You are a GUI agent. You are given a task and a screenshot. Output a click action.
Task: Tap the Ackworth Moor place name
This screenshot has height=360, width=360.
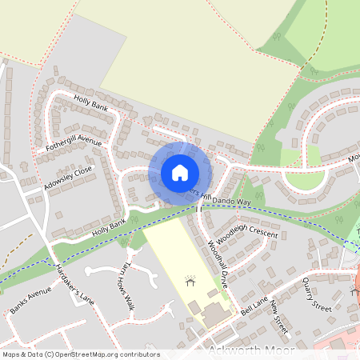pos(250,352)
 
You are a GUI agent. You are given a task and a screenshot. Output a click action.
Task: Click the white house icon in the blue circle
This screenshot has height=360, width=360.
pos(180,172)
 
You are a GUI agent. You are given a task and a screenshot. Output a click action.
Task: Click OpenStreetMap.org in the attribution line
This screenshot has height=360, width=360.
pos(86,354)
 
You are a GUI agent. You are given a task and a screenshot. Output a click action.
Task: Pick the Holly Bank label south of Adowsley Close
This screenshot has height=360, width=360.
pos(110,226)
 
